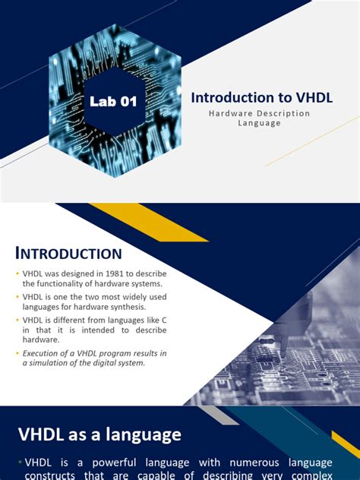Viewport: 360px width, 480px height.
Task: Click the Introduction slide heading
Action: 68,254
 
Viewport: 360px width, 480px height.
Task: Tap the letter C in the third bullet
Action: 164,321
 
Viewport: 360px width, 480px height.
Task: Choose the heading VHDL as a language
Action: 100,434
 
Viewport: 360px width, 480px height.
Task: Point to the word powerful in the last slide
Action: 111,462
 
